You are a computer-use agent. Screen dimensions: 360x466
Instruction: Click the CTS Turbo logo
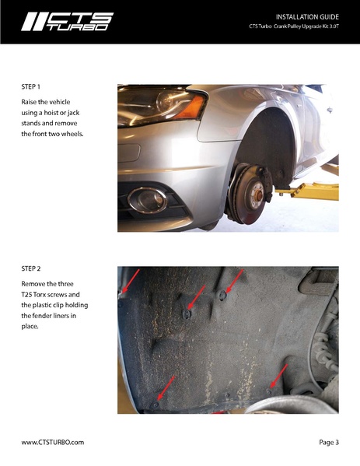(67, 22)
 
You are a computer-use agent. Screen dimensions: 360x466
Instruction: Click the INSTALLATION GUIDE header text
(307, 17)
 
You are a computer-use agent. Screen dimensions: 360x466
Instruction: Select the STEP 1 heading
(30, 87)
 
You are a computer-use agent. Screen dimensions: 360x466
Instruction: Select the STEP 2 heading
(30, 268)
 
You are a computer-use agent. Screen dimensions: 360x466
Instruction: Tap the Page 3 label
(329, 442)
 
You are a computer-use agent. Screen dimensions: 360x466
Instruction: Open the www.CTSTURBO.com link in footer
(53, 442)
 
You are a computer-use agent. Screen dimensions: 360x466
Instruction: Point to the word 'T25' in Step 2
(26, 295)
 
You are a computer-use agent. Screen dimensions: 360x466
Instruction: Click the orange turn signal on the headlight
(190, 107)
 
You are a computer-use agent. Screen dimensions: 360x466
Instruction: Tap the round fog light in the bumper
(148, 200)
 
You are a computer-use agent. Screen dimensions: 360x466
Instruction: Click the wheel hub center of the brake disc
(258, 195)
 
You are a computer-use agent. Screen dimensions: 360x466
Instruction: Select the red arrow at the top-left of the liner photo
(131, 281)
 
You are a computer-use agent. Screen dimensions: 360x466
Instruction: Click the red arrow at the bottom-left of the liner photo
(166, 388)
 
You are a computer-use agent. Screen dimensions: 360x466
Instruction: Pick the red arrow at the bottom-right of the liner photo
(278, 376)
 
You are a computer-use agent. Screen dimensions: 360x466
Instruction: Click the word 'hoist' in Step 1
(51, 113)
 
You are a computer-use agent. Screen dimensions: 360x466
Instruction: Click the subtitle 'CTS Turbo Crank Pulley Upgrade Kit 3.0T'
(294, 26)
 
